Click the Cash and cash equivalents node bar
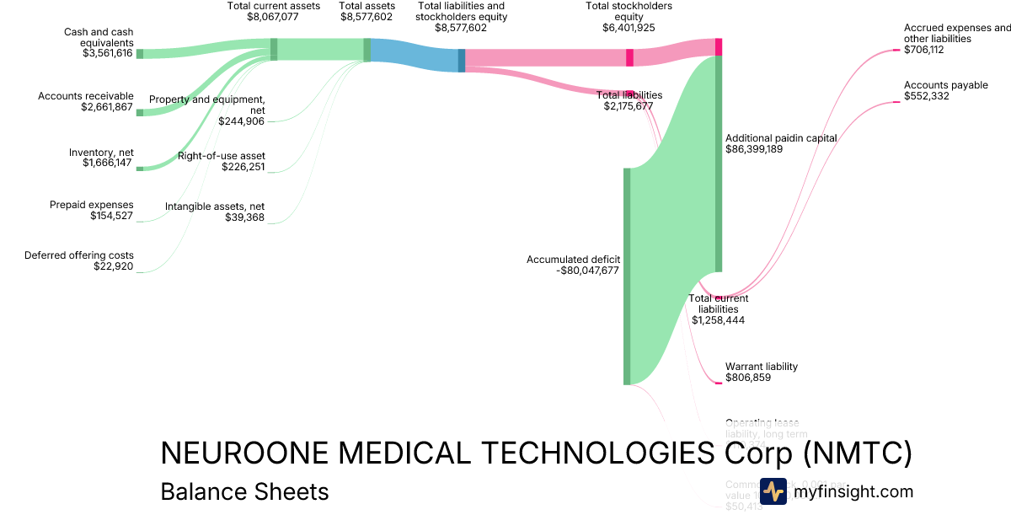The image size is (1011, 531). coord(140,54)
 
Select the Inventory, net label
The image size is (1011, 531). coord(101,153)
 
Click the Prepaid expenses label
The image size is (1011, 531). coord(91,205)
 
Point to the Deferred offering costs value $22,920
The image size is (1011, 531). coord(113,266)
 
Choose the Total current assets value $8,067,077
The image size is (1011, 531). coord(273,16)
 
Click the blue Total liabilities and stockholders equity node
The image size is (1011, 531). coord(462,60)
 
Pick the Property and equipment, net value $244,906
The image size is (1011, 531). coord(241,121)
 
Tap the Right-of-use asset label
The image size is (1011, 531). coord(222,156)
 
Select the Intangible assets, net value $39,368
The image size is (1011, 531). coord(244,217)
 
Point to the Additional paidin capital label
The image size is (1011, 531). coord(781,137)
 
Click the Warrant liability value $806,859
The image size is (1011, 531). coord(748,378)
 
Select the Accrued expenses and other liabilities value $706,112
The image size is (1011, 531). coord(925,50)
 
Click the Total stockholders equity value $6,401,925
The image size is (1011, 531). coord(629,28)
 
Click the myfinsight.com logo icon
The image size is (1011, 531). coord(773,491)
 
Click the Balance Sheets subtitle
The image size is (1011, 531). coord(244,491)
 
